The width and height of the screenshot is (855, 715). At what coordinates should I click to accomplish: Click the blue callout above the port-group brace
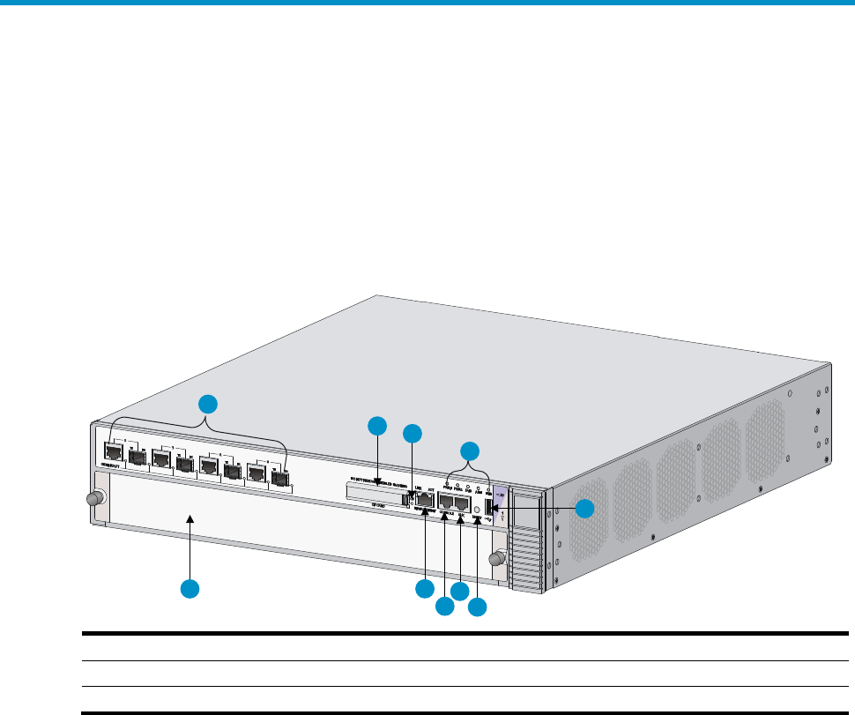pyautogui.click(x=206, y=405)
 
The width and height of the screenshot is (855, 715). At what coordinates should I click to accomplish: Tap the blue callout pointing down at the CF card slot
pyautogui.click(x=376, y=425)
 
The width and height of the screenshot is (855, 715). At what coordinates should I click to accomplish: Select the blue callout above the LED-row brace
pyautogui.click(x=471, y=450)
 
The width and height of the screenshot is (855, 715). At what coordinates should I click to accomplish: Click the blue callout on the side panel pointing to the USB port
pyautogui.click(x=585, y=509)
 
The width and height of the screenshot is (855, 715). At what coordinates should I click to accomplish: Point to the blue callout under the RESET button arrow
pyautogui.click(x=477, y=607)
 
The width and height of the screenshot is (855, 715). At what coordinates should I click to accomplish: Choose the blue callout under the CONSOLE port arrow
pyautogui.click(x=444, y=607)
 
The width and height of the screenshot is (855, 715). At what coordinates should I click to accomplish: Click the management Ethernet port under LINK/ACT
pyautogui.click(x=425, y=501)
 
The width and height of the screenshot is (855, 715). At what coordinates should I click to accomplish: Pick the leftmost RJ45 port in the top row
pyautogui.click(x=114, y=453)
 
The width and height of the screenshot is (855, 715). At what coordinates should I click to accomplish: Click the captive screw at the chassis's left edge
pyautogui.click(x=92, y=498)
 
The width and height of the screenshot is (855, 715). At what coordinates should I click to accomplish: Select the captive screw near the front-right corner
pyautogui.click(x=498, y=557)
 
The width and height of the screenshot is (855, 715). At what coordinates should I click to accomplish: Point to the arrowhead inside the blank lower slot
pyautogui.click(x=190, y=524)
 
